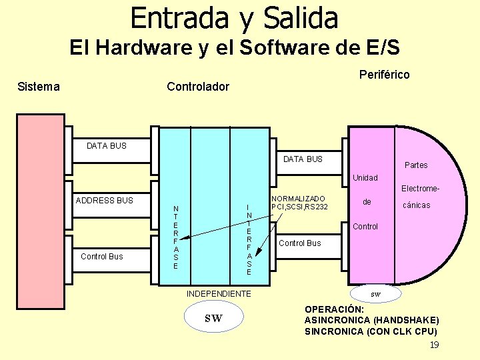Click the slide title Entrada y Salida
click(234, 18)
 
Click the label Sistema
click(38, 87)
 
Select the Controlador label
click(197, 87)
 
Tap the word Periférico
click(384, 74)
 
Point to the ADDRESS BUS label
click(104, 200)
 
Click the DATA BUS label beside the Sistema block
click(107, 145)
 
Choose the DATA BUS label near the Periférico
click(303, 159)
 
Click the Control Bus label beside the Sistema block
click(101, 256)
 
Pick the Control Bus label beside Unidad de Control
click(299, 243)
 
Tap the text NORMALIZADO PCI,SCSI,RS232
click(299, 203)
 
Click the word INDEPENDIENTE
click(219, 293)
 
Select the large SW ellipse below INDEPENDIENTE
click(213, 319)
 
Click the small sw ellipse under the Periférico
click(376, 293)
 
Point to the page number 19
click(434, 345)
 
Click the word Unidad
click(365, 178)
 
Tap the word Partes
click(416, 165)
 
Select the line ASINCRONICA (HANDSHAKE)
click(371, 320)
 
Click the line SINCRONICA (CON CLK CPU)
click(371, 331)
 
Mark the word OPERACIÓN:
click(335, 309)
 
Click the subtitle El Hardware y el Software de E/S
click(235, 48)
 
